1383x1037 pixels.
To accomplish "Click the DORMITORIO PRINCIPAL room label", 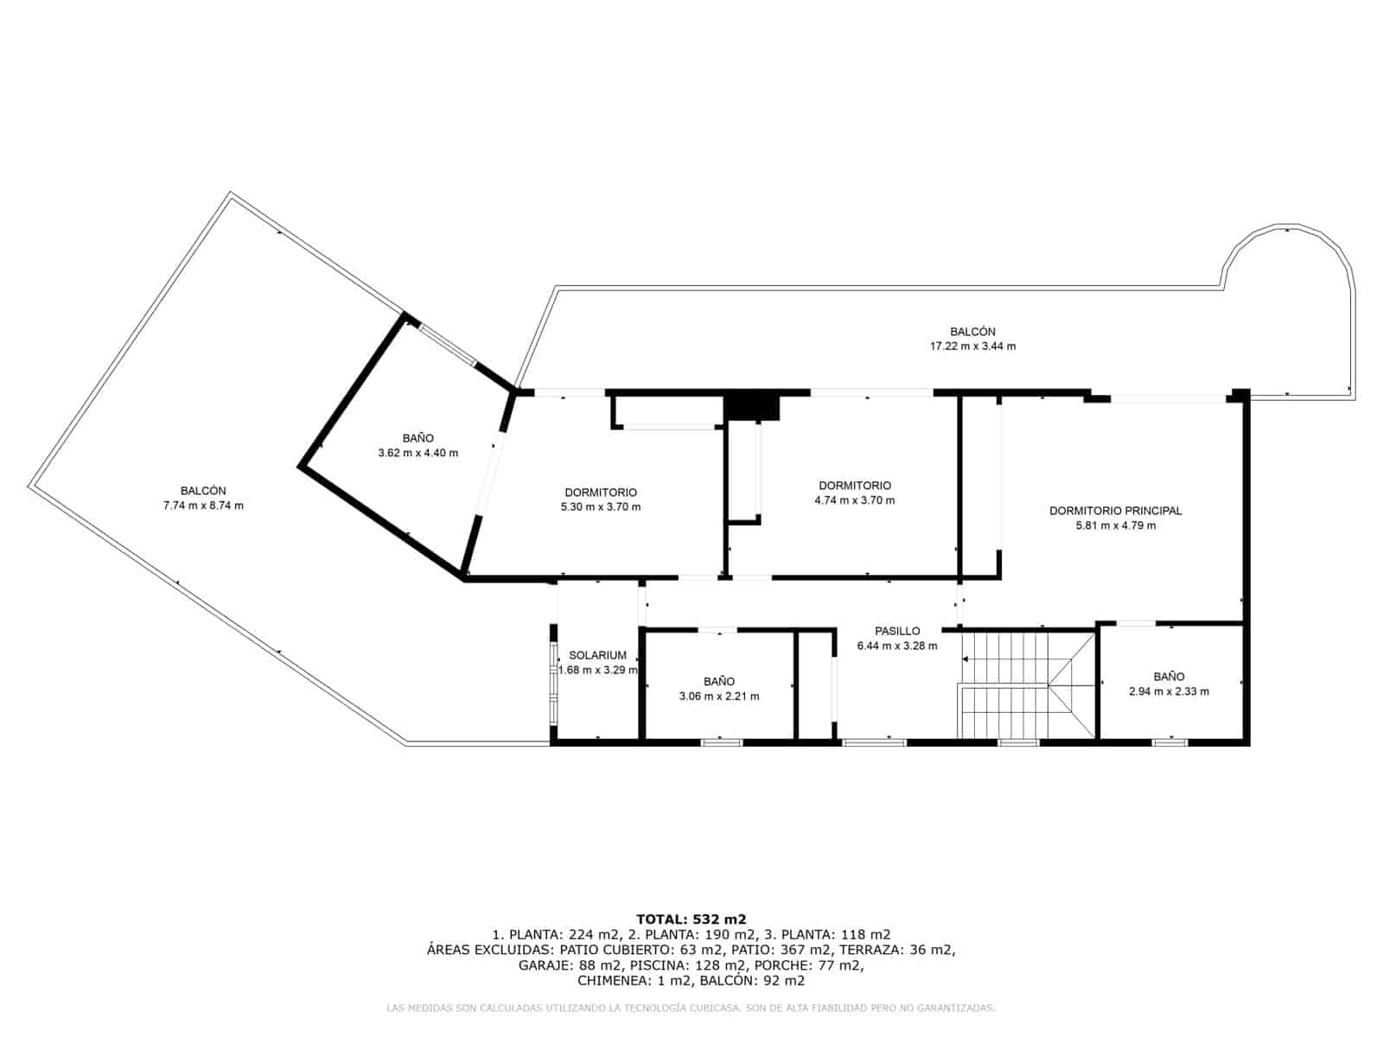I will click(x=1115, y=511).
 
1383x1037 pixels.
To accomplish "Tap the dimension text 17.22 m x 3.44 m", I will click(x=972, y=347).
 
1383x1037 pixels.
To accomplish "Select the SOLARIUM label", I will click(x=597, y=655).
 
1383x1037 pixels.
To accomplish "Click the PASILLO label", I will click(x=897, y=631).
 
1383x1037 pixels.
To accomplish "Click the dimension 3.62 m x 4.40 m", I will click(x=417, y=453).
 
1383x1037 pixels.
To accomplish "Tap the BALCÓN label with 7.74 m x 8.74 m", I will click(x=203, y=491).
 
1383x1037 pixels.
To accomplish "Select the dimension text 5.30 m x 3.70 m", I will click(x=601, y=507).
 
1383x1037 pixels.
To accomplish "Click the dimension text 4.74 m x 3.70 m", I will click(x=855, y=500).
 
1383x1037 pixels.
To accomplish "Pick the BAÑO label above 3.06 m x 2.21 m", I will click(x=719, y=682).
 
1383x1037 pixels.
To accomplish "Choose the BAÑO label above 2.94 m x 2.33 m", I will click(x=1169, y=677).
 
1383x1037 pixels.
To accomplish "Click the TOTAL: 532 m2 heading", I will click(x=691, y=919).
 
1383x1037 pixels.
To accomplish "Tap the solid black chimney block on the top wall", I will click(x=752, y=406).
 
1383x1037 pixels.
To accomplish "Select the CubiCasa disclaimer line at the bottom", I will click(x=691, y=1008).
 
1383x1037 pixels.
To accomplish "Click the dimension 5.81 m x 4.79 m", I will click(x=1115, y=525).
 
